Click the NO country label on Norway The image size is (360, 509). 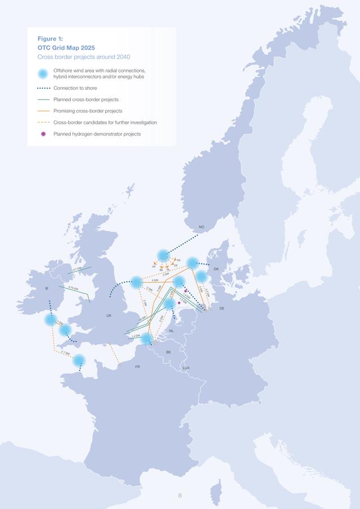[x=201, y=228]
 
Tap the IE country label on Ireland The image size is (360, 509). [x=47, y=289]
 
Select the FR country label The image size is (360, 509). [x=137, y=366]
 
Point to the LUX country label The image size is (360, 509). [x=186, y=368]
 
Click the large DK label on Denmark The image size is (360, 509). [x=216, y=269]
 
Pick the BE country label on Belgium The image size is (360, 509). [x=168, y=352]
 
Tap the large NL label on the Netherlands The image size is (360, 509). [x=172, y=331]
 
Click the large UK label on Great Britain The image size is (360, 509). [x=109, y=316]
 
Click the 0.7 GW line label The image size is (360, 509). [x=77, y=269]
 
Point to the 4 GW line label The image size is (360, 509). [x=155, y=280]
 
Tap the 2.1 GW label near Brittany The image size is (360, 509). [x=65, y=353]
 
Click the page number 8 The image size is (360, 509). [x=180, y=496]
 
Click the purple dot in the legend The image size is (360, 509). [x=42, y=134]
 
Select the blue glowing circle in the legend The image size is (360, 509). [x=42, y=74]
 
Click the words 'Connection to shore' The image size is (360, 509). [x=75, y=88]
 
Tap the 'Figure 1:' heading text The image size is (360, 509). [x=50, y=38]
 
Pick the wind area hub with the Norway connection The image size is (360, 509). [x=163, y=255]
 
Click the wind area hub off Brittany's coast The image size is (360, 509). [x=79, y=360]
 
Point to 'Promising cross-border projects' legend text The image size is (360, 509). [x=88, y=111]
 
